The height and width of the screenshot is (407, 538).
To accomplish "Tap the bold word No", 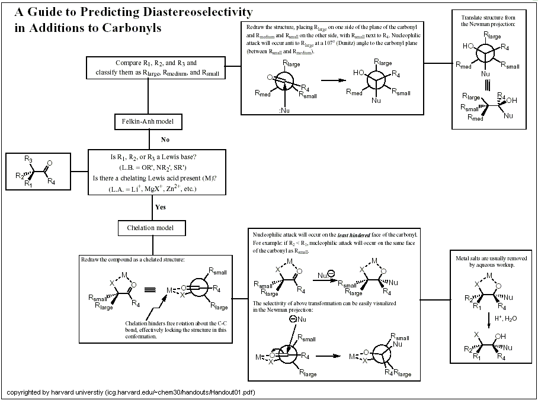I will pos(166,140).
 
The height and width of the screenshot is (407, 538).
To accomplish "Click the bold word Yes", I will pos(161,208).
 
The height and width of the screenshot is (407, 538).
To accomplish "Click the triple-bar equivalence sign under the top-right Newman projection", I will pos(485,82).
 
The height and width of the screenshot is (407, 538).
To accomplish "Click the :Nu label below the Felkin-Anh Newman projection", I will pos(284,111).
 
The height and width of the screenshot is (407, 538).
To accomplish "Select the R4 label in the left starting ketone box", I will pos(52,181).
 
